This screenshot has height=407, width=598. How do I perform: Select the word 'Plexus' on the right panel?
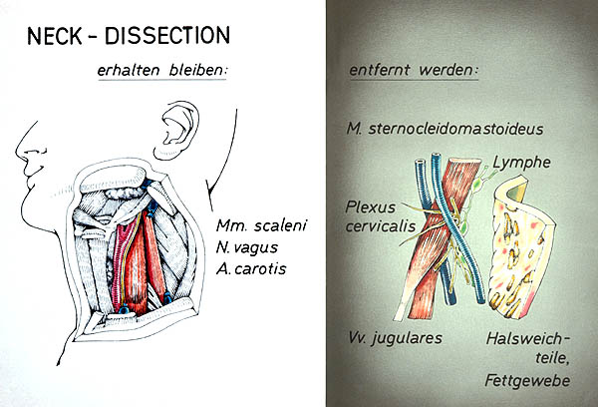(370, 206)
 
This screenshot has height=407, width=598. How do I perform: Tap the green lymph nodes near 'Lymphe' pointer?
(476, 186)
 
